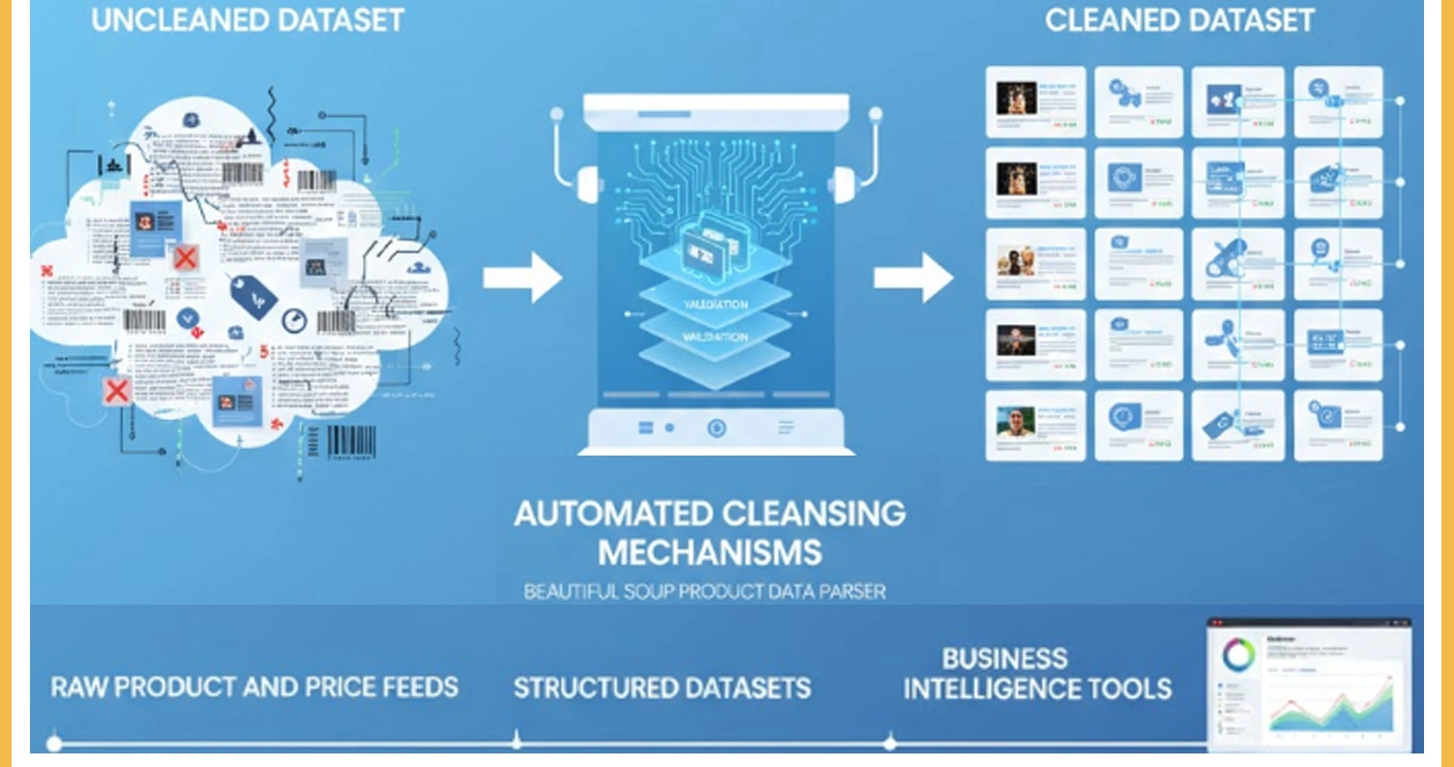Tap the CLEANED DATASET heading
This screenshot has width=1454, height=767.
pos(1179,19)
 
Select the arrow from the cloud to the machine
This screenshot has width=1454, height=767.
pos(522,279)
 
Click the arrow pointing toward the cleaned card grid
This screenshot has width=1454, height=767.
pos(913,279)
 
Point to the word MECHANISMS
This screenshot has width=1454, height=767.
pos(709,552)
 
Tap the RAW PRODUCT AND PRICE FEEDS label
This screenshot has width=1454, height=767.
pos(254,688)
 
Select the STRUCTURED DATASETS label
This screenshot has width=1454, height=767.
pos(662,688)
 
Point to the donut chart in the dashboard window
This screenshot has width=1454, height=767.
pos(1238,656)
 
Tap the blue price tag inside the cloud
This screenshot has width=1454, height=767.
pos(253,295)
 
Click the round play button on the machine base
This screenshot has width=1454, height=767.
pos(716,427)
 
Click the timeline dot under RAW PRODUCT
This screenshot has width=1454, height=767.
pos(54,743)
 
